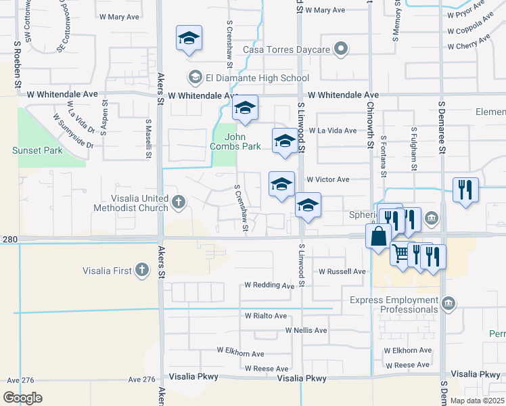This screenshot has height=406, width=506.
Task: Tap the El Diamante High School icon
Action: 195,78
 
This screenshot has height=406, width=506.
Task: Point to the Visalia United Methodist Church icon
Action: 178,202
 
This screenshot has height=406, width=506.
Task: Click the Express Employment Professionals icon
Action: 448,305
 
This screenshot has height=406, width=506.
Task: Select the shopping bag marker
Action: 377,237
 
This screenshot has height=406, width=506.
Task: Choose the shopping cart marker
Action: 402,253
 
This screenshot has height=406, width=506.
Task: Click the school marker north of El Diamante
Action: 189,38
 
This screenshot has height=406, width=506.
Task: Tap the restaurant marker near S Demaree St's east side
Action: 465,189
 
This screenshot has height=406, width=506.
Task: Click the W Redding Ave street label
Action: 269,286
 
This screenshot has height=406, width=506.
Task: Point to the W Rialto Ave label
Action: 266,316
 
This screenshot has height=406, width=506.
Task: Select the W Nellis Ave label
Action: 306,330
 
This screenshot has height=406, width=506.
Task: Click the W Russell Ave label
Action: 342,271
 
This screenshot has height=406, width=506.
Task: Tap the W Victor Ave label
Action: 327,180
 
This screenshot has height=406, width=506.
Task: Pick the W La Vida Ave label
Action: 333,131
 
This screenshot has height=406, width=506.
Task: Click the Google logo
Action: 22,397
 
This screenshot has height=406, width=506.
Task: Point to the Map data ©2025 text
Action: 478,401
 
